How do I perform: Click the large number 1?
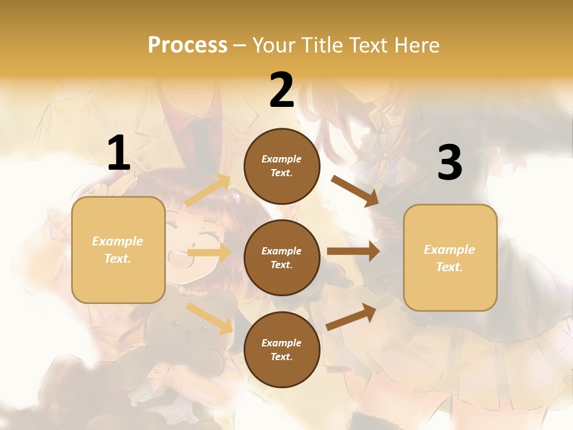click(119, 153)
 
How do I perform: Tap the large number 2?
click(282, 90)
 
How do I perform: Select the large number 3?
click(449, 163)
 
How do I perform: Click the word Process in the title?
click(187, 45)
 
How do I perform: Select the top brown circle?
click(282, 166)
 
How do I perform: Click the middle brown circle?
click(282, 257)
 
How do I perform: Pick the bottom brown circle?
click(282, 349)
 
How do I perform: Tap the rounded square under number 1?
click(118, 250)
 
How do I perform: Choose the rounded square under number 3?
click(450, 257)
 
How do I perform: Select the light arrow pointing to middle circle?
click(209, 253)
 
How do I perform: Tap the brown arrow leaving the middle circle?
click(353, 251)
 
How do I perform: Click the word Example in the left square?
click(118, 241)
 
